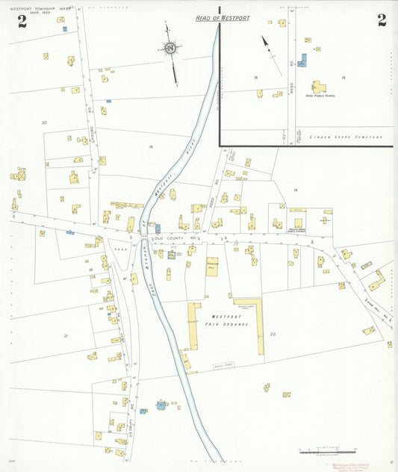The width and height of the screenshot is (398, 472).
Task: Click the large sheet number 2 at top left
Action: point(22,21)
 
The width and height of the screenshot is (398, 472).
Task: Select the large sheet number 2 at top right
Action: point(382,20)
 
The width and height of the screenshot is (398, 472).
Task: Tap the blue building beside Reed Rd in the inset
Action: point(302,60)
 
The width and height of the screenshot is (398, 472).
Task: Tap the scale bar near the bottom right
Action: point(326,452)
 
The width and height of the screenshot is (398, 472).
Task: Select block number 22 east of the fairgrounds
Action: point(273,334)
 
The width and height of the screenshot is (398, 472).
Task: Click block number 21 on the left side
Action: point(66,336)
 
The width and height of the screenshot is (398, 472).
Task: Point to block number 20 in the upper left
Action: point(44,122)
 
